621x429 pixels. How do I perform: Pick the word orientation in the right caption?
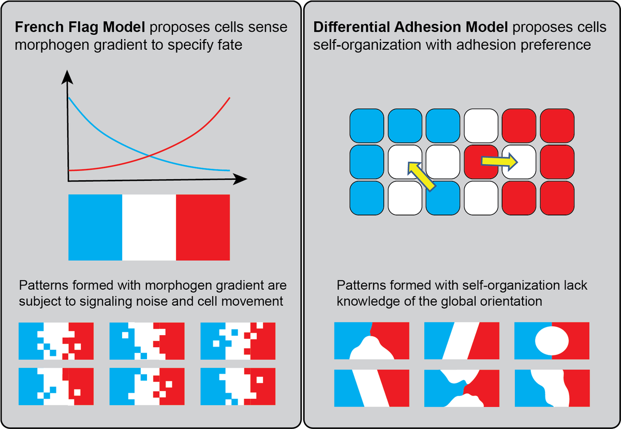tap(511, 301)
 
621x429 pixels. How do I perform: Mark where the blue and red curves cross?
tap(149, 155)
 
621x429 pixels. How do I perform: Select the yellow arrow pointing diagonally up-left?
tap(421, 174)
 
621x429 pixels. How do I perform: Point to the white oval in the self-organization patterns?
tap(552, 340)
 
